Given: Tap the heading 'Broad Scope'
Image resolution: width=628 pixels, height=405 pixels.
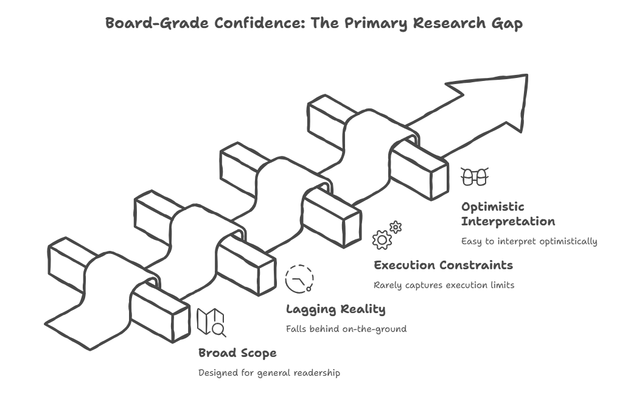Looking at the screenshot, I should coord(237,353).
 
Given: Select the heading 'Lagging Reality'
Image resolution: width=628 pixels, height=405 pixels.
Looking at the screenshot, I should coord(335,309).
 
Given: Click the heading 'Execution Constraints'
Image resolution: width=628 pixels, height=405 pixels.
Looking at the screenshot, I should coord(443,266).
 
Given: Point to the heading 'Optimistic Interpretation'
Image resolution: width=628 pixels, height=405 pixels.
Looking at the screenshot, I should coord(508,214).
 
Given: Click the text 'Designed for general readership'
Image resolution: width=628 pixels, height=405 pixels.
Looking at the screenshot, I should coord(269,373).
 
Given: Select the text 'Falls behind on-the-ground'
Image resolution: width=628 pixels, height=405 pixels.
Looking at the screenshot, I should coord(346,329).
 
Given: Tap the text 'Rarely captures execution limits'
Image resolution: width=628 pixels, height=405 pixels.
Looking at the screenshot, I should coord(444,285).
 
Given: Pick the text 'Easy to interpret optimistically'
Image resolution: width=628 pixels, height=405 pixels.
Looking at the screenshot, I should coord(529,241).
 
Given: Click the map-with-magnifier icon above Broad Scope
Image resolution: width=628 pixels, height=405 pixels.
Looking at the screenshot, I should coord(212,323).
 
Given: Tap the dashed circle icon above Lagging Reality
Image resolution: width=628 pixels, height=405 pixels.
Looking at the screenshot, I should coord(299,279).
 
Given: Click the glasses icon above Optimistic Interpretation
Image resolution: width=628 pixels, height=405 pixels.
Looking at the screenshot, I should coord(475,177).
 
